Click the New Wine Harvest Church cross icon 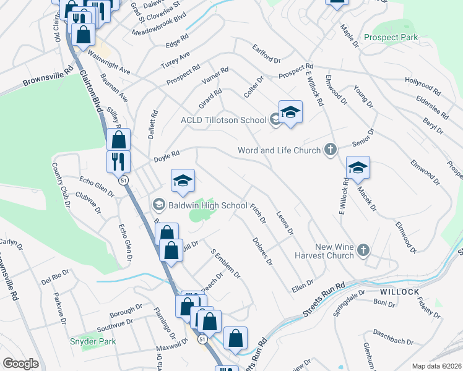click(x=363, y=250)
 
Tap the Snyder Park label click(x=93, y=341)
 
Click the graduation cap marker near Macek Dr click(x=358, y=168)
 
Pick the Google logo click(x=20, y=363)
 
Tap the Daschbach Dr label click(x=394, y=341)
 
